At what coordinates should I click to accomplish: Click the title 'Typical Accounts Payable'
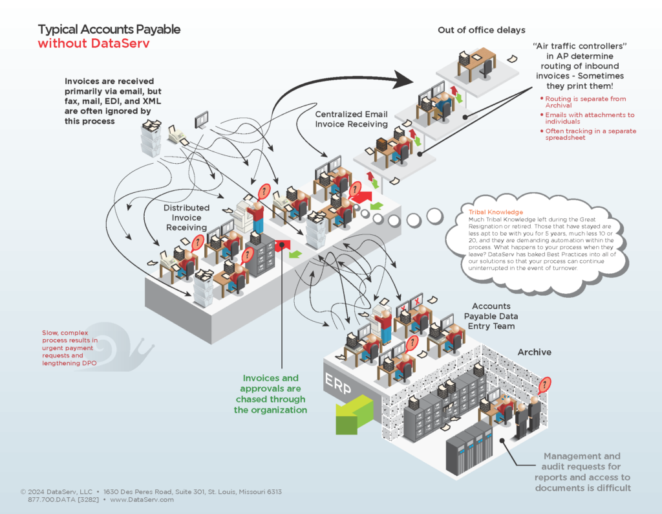click(109, 29)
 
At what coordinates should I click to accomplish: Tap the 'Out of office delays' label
click(482, 30)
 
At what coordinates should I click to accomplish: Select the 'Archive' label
click(534, 352)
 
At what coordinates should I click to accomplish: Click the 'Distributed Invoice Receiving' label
click(186, 218)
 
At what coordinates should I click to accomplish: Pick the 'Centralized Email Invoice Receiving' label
click(351, 119)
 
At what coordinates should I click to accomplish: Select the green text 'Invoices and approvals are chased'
click(271, 394)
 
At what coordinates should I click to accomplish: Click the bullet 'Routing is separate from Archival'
click(575, 101)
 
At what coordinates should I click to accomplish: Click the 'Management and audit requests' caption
click(582, 471)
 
